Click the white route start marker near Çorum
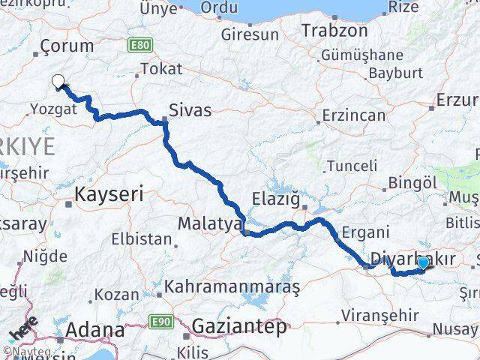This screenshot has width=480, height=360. point(57,82)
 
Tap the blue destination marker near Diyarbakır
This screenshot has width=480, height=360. point(423,262)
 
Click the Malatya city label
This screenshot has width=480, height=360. point(209,223)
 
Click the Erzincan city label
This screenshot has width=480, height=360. point(353,115)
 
